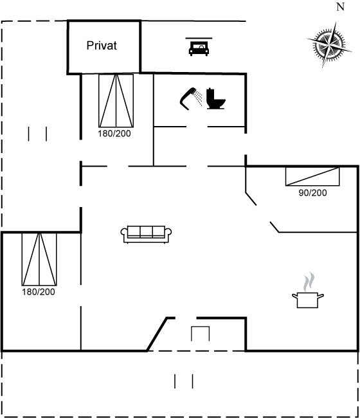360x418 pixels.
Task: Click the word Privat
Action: (102, 46)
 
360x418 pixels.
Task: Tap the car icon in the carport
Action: (199, 48)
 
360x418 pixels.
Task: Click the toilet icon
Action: (215, 98)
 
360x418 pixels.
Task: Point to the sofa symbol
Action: (146, 235)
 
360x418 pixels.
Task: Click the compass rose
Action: (329, 45)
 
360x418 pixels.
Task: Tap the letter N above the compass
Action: (341, 7)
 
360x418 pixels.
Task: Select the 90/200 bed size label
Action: (312, 192)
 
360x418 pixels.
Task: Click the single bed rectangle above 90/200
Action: (312, 176)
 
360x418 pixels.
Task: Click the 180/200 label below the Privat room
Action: (114, 133)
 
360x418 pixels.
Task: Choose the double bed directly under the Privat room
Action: (116, 101)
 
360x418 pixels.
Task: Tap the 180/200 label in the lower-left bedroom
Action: (39, 292)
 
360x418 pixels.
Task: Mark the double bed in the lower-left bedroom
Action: (39, 259)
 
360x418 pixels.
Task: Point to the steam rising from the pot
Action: (309, 282)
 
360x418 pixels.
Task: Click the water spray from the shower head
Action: (198, 98)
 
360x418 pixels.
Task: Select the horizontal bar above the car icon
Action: (199, 38)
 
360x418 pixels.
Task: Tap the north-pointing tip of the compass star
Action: (335, 23)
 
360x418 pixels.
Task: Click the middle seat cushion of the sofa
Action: (146, 231)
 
